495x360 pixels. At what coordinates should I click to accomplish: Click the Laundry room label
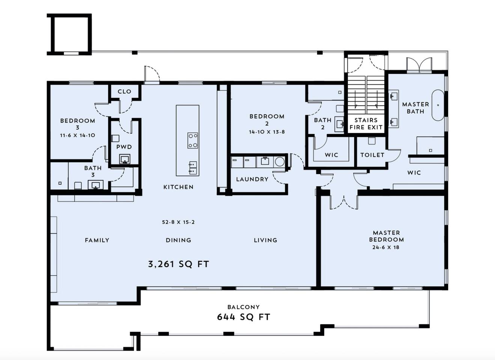[252, 179]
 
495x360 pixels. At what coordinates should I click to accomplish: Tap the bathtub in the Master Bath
[438, 105]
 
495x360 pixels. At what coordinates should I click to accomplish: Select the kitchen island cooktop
[193, 140]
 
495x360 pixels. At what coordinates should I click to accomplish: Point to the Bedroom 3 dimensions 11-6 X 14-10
[78, 135]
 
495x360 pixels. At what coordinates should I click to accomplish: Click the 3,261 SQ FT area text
[179, 264]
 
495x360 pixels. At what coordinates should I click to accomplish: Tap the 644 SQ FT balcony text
[244, 317]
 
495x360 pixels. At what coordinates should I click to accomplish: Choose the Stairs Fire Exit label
[366, 124]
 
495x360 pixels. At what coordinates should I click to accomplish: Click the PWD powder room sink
[125, 159]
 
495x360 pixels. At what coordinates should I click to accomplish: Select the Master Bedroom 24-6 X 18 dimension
[386, 247]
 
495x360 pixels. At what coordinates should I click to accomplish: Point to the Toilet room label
[372, 155]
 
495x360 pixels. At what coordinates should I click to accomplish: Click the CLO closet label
[125, 91]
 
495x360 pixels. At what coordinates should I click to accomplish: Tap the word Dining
[178, 240]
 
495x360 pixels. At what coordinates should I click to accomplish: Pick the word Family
[97, 240]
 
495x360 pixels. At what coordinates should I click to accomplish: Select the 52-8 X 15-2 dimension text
[178, 222]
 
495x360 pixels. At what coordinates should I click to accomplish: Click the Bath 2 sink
[339, 124]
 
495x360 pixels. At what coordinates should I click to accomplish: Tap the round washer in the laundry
[280, 162]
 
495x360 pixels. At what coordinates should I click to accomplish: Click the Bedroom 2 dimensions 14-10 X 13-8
[267, 132]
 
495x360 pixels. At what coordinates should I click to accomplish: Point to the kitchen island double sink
[193, 168]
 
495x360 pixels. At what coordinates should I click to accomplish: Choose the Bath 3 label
[93, 171]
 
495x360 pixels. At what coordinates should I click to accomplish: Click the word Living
[265, 240]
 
